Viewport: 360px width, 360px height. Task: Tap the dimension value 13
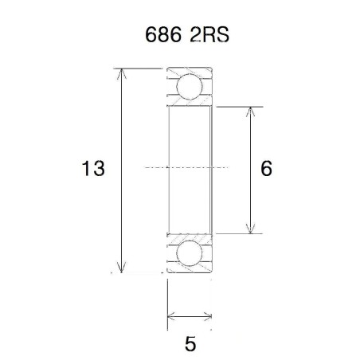(x=94, y=170)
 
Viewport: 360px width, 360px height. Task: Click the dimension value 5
(x=190, y=345)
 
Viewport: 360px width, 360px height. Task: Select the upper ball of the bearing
(x=190, y=87)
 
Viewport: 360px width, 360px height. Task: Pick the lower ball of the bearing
(x=190, y=253)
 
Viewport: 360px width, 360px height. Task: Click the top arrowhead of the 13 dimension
(x=122, y=73)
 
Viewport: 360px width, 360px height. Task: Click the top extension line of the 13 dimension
(x=139, y=68)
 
